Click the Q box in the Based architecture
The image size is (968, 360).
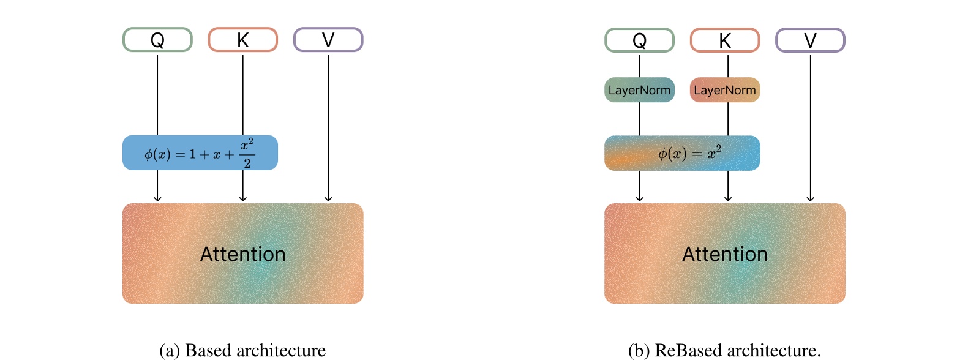(x=157, y=40)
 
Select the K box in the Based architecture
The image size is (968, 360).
(x=243, y=40)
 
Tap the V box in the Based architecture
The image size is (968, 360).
(x=328, y=40)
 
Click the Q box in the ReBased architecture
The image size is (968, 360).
(x=639, y=40)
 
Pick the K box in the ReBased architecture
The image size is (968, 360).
(x=725, y=40)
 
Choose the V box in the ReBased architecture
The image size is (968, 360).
(x=810, y=40)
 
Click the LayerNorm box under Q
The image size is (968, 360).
(x=639, y=90)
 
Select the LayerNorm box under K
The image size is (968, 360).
(x=725, y=90)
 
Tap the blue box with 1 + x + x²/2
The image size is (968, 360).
(x=200, y=153)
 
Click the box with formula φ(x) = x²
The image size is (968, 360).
(x=682, y=153)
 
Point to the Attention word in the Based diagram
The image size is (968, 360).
(x=243, y=254)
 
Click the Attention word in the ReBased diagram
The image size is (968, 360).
(x=725, y=254)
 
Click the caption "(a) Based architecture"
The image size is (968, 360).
(x=242, y=350)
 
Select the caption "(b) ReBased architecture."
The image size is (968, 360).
(x=724, y=350)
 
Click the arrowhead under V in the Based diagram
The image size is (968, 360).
(x=328, y=198)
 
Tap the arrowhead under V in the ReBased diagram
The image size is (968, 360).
(x=810, y=198)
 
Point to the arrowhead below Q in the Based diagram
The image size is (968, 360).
(x=157, y=198)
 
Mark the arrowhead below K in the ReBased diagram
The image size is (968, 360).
(x=728, y=198)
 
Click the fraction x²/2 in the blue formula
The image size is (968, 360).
(x=247, y=153)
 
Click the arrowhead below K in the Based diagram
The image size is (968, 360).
(x=243, y=198)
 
